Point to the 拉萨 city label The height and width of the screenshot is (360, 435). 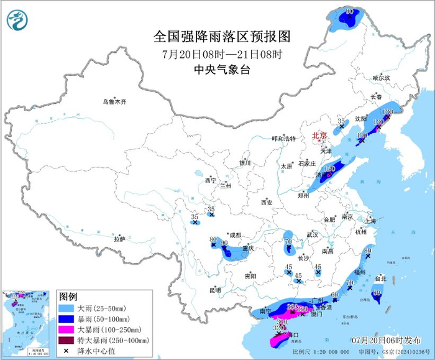point(119,239)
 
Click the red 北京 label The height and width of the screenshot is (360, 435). point(319,134)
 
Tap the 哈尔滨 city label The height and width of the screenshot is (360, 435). point(380,78)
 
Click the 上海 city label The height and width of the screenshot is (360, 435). point(370,221)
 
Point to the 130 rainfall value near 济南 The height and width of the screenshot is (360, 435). point(329,168)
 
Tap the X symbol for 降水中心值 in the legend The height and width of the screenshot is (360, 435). point(66,351)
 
